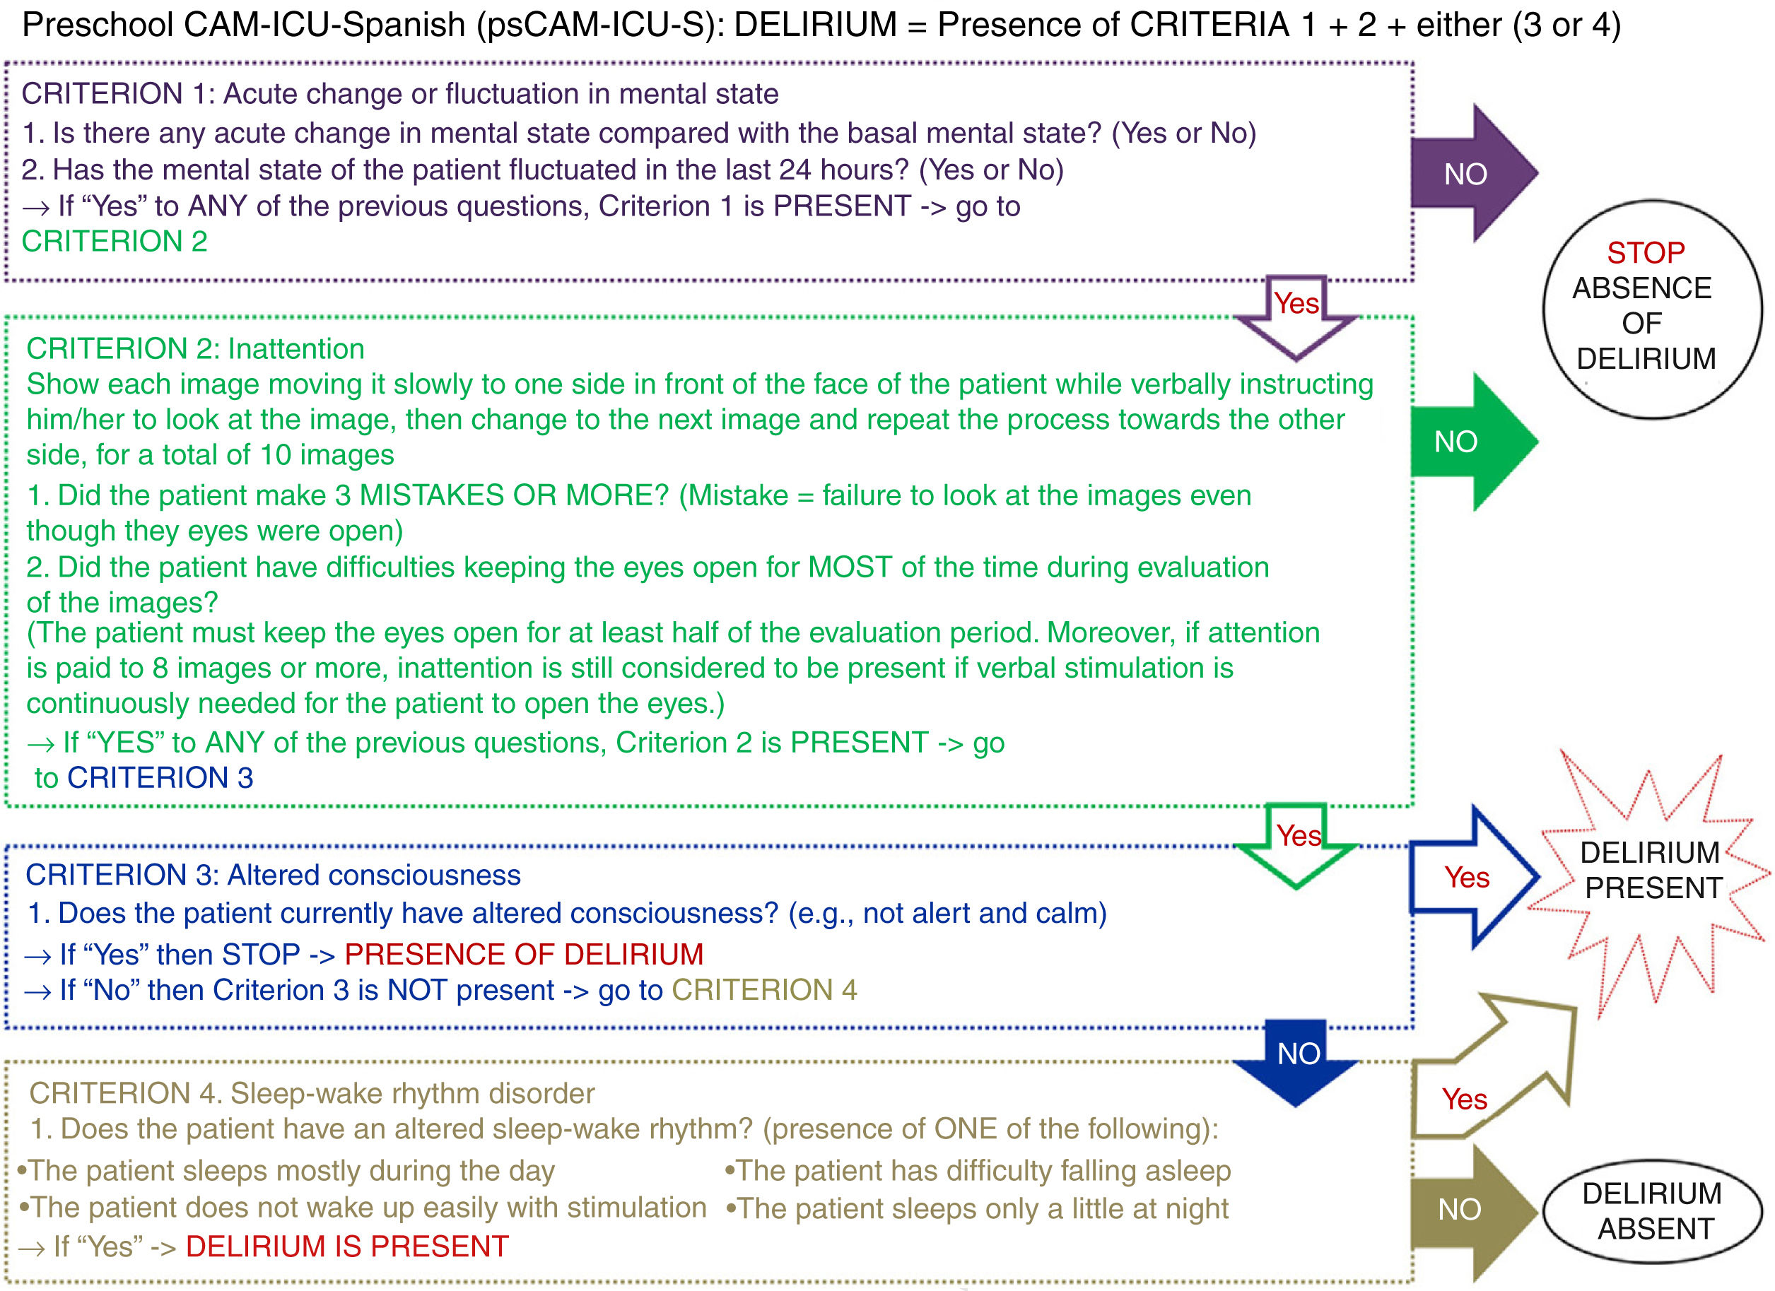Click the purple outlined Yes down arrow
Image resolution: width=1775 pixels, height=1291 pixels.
1296,313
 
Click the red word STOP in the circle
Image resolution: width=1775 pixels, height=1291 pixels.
1646,253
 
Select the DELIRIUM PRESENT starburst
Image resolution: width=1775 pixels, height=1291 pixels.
1651,870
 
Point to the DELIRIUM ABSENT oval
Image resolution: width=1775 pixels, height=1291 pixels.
1652,1211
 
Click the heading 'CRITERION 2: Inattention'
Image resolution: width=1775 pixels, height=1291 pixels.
196,348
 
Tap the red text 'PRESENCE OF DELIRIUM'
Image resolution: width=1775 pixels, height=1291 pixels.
524,955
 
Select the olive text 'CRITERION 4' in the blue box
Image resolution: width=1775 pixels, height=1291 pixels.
764,991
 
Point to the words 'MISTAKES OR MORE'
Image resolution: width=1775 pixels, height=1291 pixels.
513,495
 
